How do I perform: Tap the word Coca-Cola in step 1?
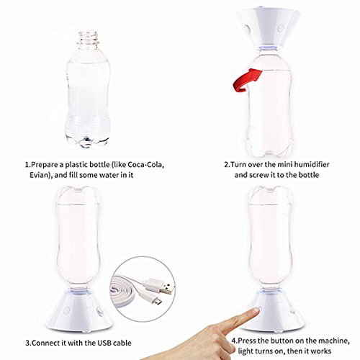point(146,165)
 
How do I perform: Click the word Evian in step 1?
point(40,175)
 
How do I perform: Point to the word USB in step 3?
point(104,343)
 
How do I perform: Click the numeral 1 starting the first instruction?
point(27,165)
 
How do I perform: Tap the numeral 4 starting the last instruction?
point(234,341)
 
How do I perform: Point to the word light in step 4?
point(246,351)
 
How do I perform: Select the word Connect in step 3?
point(46,343)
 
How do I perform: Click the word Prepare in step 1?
point(45,165)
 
